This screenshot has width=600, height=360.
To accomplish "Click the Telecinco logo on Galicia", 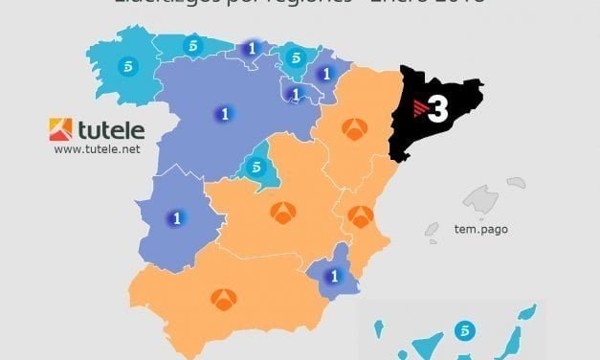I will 127,69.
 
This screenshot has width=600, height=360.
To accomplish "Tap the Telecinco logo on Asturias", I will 194,45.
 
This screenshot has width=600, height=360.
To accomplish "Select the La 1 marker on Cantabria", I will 252,49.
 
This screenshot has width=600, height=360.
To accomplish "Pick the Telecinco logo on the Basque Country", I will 295,56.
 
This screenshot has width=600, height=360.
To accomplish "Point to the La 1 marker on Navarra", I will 325,73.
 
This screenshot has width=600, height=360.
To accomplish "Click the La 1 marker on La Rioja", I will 296,94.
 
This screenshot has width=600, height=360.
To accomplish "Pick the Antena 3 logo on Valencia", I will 361,216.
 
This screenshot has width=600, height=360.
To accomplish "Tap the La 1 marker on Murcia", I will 334,277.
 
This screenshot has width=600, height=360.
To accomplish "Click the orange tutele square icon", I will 60,129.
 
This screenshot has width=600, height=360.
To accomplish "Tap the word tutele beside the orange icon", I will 110,129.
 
